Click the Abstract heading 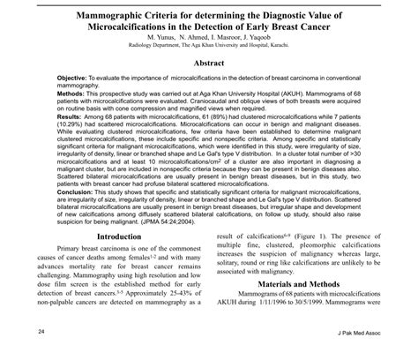pyautogui.click(x=208, y=64)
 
